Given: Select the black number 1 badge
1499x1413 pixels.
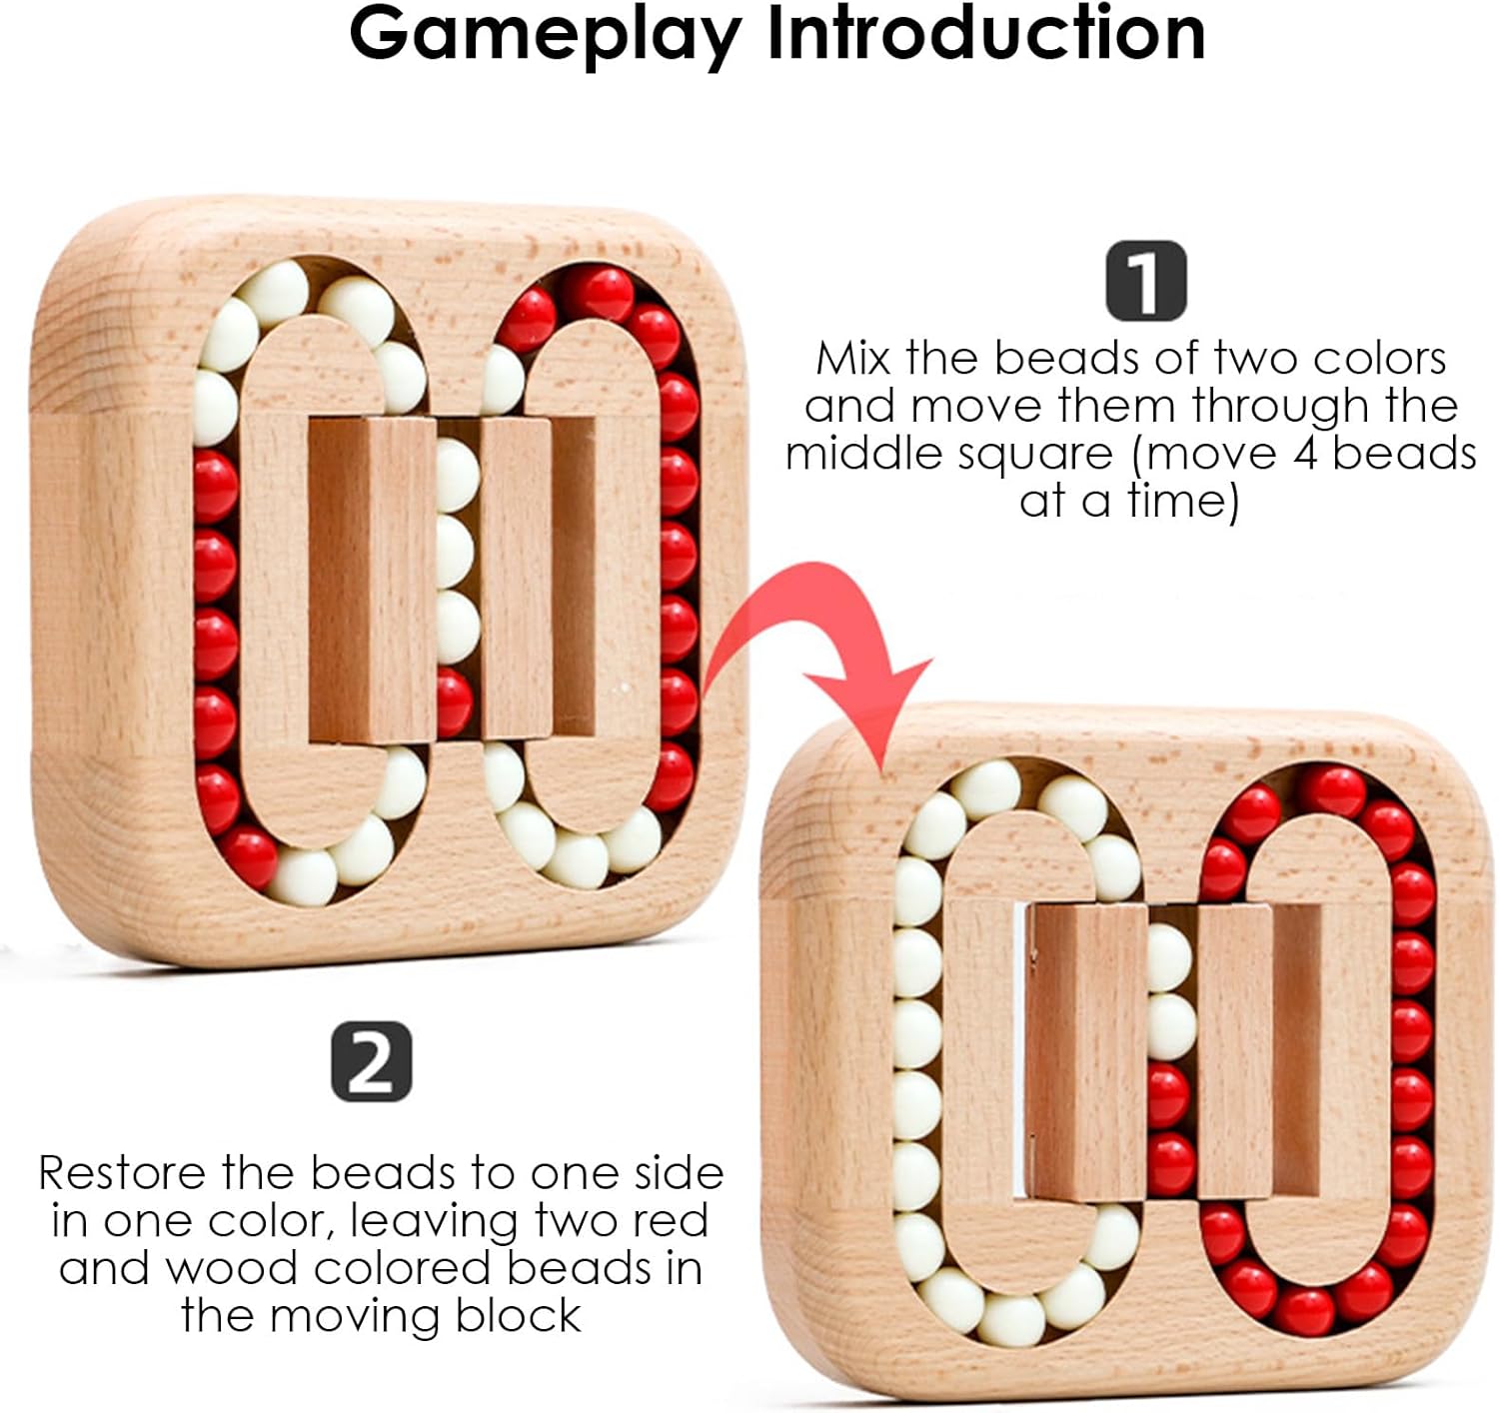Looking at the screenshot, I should (x=1145, y=280).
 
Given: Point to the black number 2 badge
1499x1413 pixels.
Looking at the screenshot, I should (x=371, y=1061).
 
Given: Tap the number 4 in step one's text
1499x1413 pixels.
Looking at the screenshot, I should (x=1305, y=454).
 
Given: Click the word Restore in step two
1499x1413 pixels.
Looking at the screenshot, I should (x=121, y=1172).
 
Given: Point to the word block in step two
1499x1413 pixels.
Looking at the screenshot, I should (x=518, y=1316).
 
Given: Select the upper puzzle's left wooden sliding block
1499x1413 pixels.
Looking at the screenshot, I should (x=371, y=580).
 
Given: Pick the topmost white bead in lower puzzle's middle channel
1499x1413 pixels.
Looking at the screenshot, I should (x=1168, y=956).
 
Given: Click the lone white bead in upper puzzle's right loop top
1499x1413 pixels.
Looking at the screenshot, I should (x=502, y=380).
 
